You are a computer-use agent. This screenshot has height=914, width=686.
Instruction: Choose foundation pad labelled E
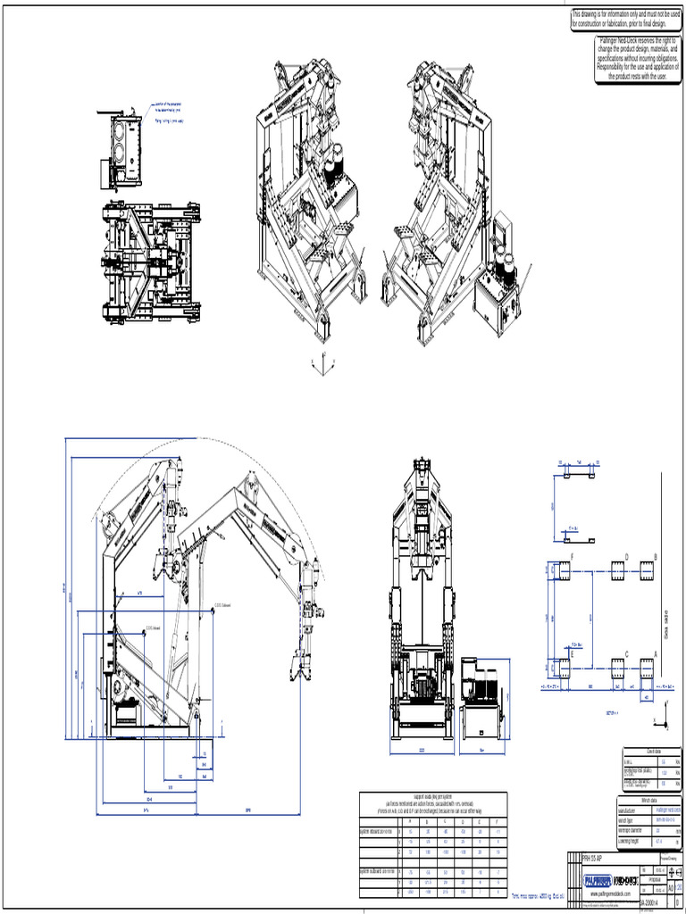click(562, 665)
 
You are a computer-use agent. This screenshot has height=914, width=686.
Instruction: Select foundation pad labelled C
click(623, 665)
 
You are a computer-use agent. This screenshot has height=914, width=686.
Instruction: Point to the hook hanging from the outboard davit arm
click(297, 665)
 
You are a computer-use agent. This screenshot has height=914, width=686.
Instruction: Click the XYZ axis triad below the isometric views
click(322, 362)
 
